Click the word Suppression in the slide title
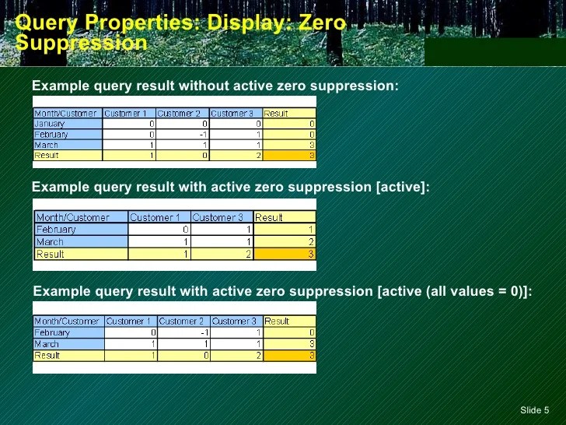pos(82,43)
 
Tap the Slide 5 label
pos(533,410)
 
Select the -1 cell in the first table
pos(183,134)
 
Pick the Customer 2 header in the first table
pos(183,114)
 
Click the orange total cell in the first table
pos(289,155)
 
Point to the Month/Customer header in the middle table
pos(80,217)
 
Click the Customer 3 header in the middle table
pos(222,217)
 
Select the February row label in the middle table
pos(80,230)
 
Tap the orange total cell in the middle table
pos(285,254)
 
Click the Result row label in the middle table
pos(80,254)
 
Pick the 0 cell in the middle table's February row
pos(159,230)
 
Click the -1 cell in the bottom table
pos(183,332)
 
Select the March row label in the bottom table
pos(68,344)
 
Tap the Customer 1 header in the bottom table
pos(130,321)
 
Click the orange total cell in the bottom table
pos(289,356)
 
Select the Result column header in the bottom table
pos(289,321)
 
